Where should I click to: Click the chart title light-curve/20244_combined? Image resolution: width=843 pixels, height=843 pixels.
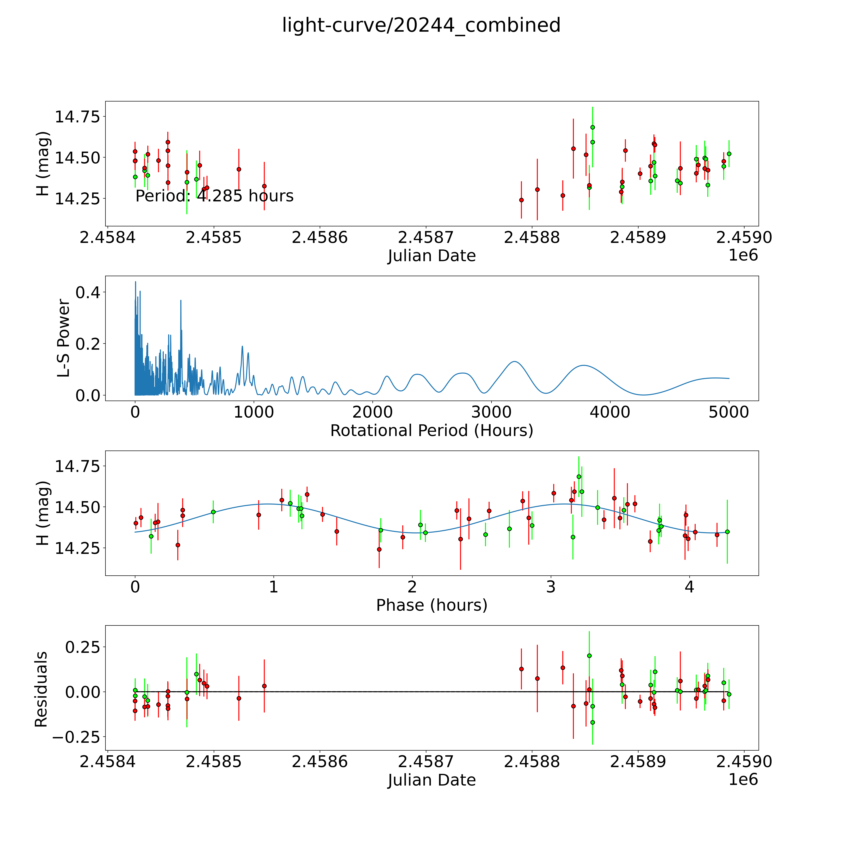(421, 25)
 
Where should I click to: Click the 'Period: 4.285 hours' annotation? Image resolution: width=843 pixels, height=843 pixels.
(214, 196)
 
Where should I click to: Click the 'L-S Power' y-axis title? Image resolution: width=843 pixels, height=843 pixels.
(64, 338)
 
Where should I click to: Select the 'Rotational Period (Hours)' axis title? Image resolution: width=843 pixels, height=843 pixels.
(431, 431)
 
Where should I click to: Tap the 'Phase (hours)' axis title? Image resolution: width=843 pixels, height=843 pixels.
(431, 605)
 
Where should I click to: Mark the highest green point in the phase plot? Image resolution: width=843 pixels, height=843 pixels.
(579, 476)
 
